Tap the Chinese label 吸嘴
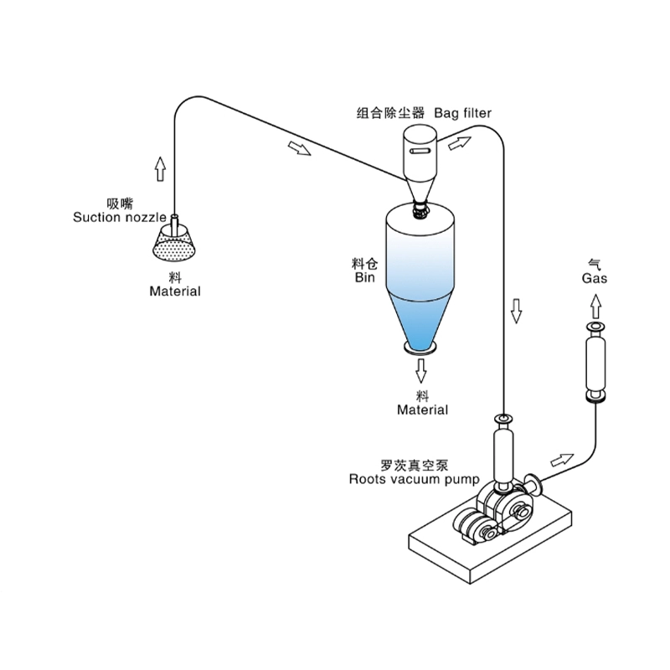coord(121,204)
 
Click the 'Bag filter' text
coord(463,111)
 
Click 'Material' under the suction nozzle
coord(175,291)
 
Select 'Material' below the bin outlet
coord(422,410)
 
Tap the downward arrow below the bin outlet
coord(421,368)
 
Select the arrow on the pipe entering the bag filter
coord(298,148)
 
